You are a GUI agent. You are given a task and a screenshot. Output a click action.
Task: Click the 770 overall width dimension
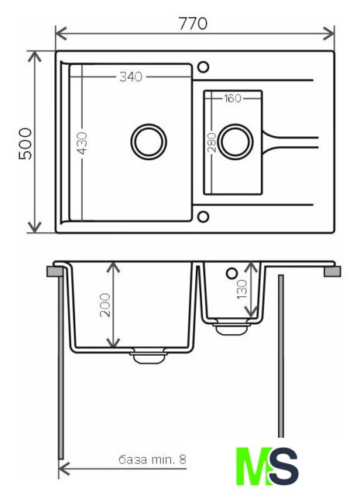coord(193,23)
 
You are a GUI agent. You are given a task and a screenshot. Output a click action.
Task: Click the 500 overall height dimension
coord(26,143)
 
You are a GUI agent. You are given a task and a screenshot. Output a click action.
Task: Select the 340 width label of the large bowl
coord(131,77)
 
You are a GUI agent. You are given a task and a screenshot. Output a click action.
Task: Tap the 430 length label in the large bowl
coord(83,143)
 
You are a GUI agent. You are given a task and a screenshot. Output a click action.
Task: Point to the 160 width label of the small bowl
coord(232,98)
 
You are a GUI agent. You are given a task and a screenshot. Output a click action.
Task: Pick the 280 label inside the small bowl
coord(212,142)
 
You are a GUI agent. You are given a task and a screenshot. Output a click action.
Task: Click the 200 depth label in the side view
coord(105,305)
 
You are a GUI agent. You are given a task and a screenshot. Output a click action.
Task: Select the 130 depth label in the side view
coord(242,288)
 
